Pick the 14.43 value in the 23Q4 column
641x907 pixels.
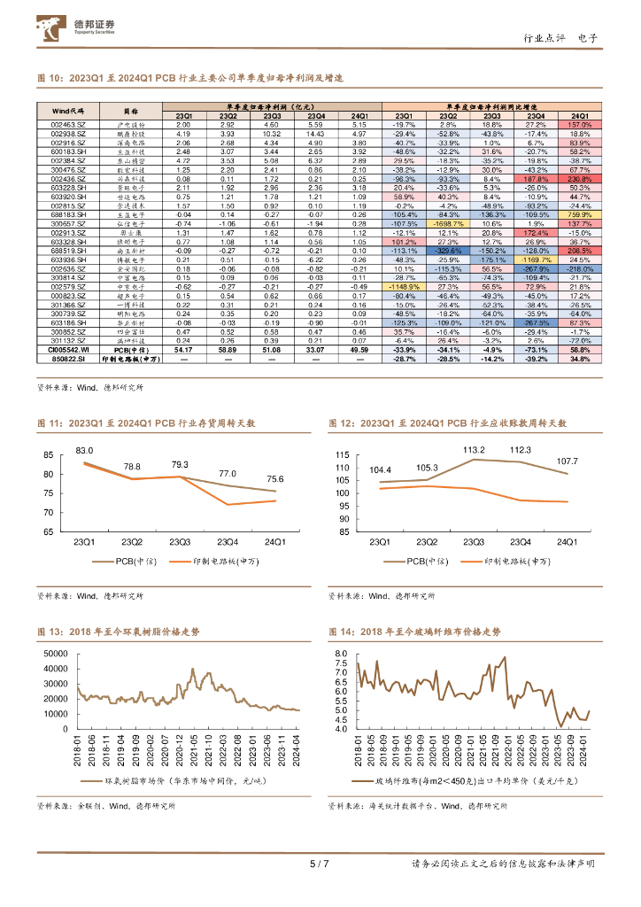(315, 134)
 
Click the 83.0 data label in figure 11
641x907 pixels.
(84, 451)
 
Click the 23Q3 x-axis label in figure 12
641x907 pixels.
(477, 541)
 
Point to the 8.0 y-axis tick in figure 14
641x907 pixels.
(344, 652)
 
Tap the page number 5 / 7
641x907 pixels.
(320, 864)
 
